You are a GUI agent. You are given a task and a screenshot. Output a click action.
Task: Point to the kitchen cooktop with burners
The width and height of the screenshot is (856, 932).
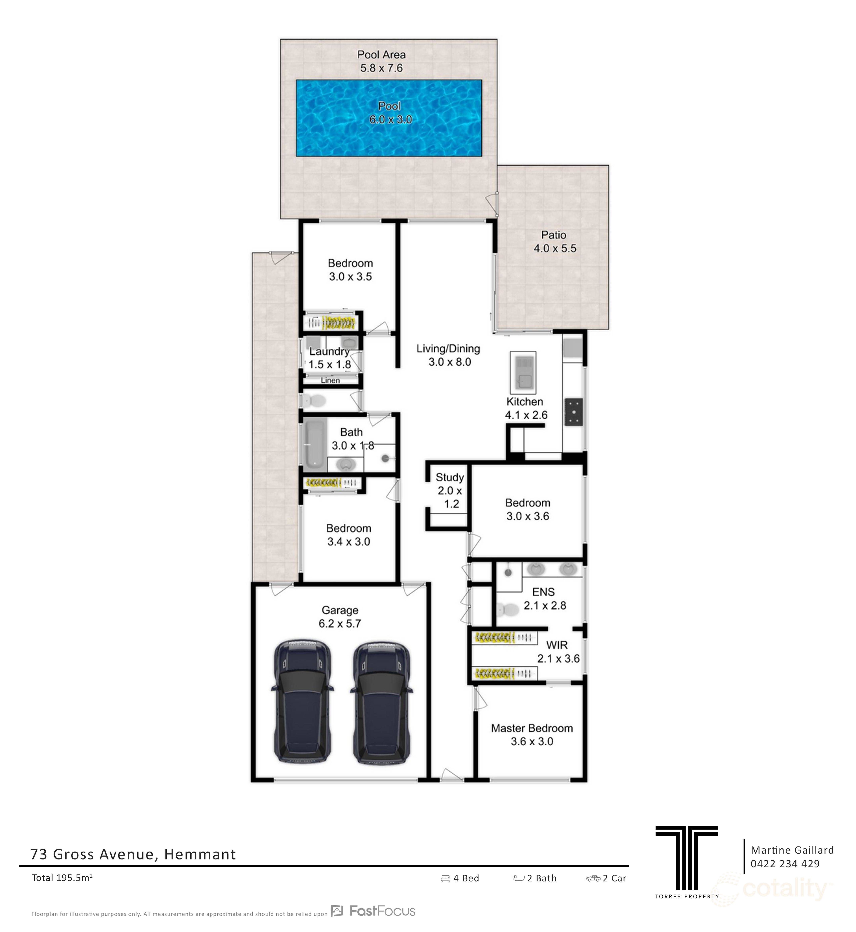[573, 412]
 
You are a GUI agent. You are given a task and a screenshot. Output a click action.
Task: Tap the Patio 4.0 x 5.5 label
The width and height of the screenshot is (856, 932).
[554, 241]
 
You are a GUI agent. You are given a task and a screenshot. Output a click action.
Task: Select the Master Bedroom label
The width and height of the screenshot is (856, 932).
[532, 728]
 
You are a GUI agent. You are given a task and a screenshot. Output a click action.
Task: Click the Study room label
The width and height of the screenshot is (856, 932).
[449, 477]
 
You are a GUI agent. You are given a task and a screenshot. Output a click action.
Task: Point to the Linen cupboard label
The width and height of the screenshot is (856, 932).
[330, 381]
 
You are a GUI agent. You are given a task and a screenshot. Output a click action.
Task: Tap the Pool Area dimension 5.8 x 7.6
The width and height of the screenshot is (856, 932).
[381, 68]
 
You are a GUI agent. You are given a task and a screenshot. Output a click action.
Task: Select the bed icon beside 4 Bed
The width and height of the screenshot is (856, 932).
[445, 878]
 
